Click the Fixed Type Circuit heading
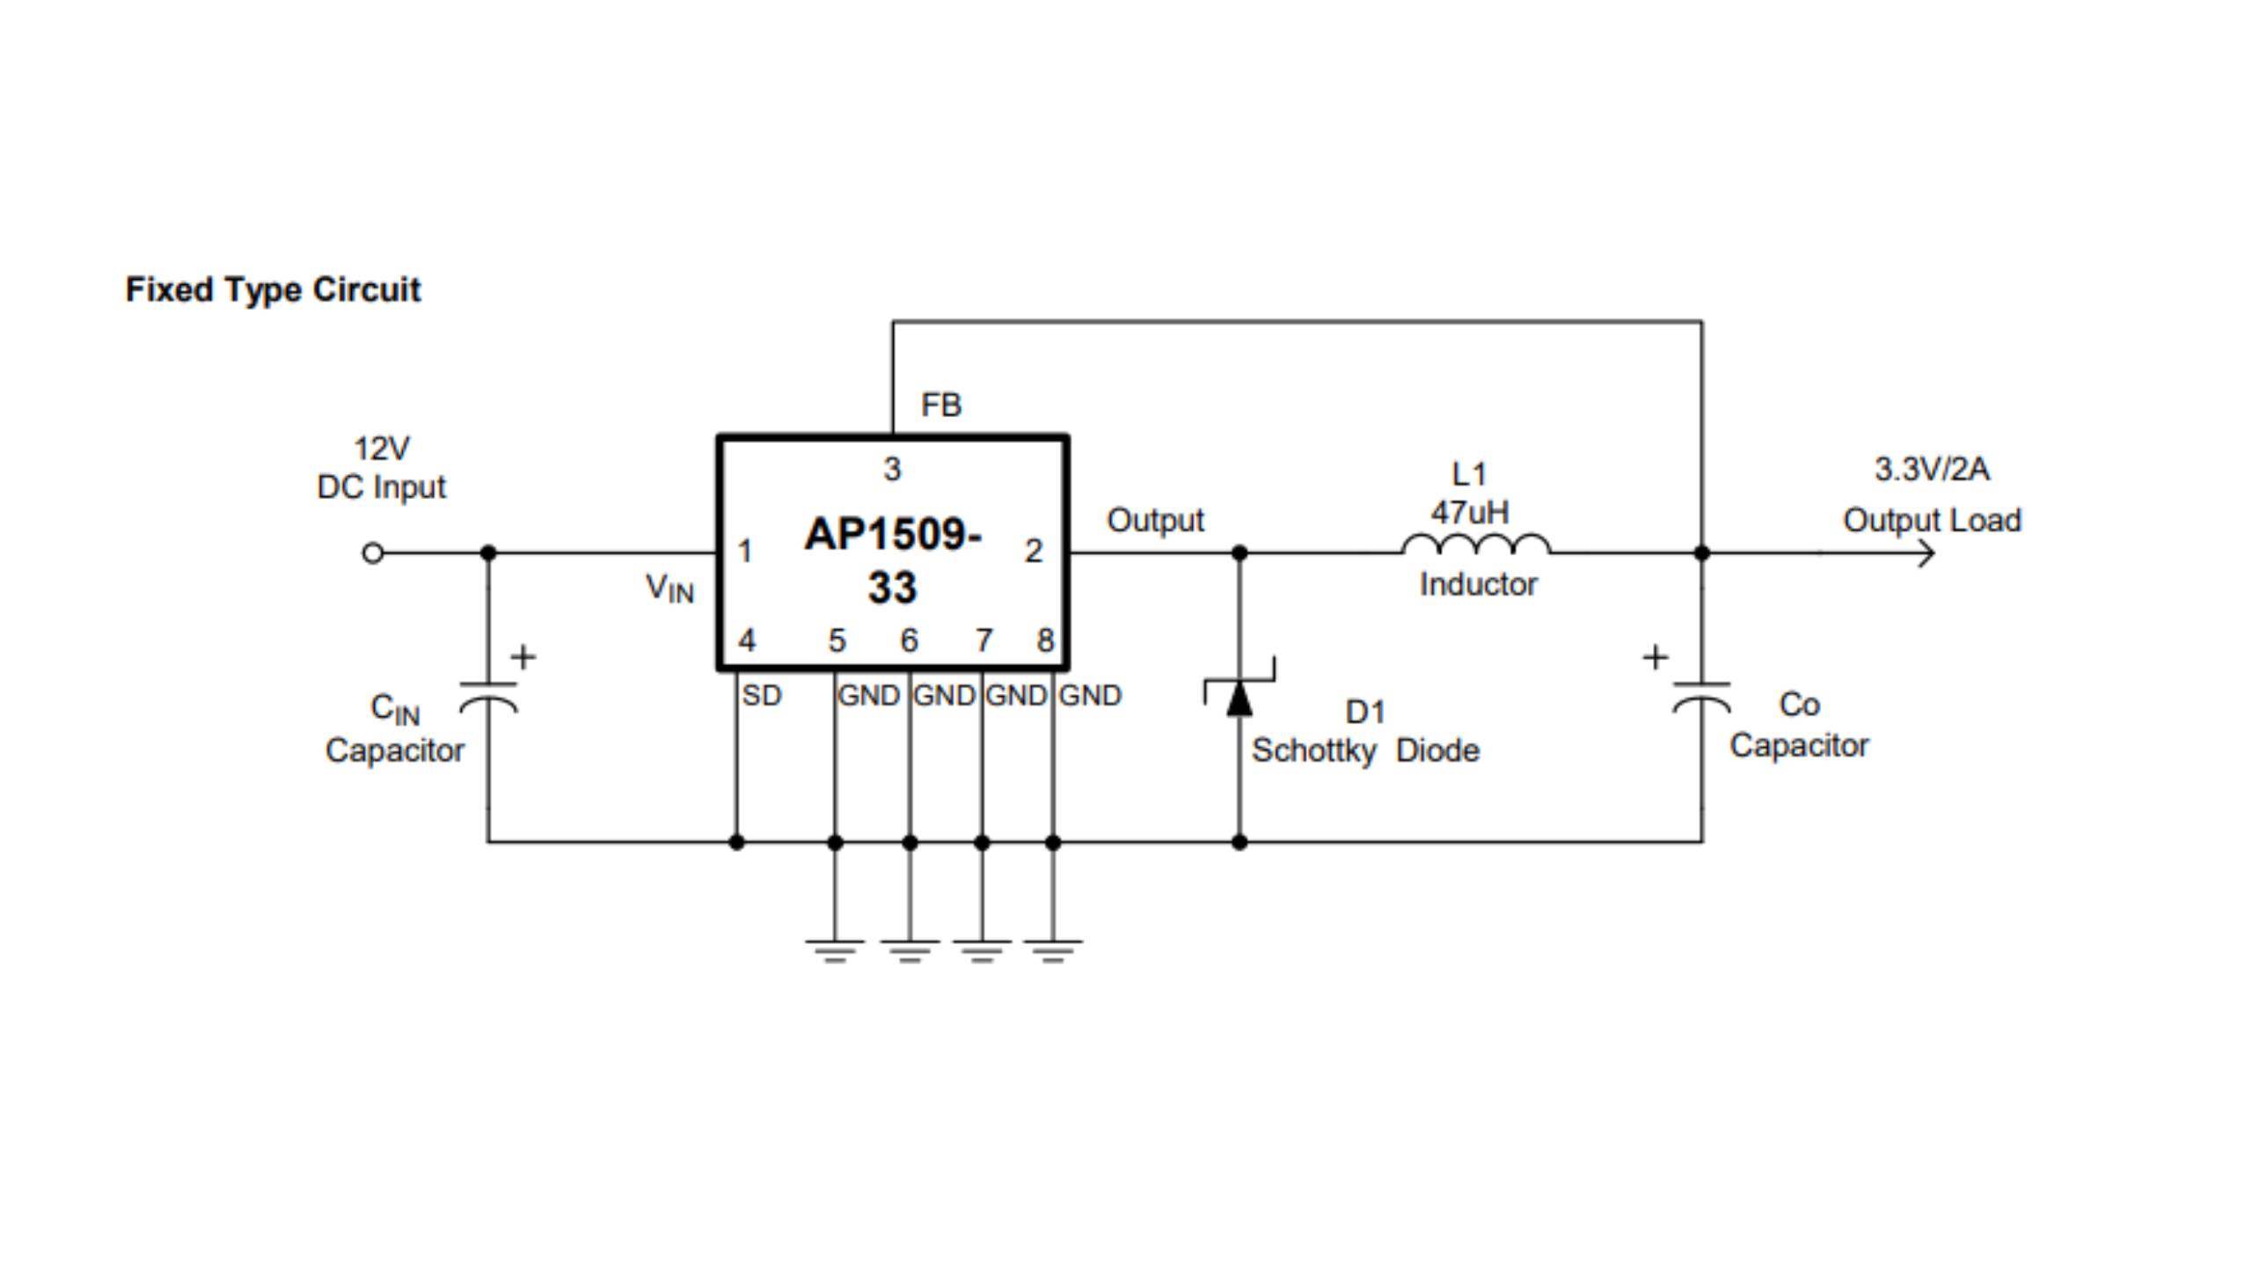273,289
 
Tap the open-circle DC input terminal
372,553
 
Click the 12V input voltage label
381,449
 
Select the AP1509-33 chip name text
892,560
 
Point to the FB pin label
940,405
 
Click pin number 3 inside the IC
892,469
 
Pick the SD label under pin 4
761,695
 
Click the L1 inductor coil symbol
1475,545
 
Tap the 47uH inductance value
1469,512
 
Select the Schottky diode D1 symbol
1239,695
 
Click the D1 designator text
1365,712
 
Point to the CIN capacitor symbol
488,696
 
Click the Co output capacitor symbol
1701,696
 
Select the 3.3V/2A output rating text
1931,469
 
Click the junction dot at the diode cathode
1239,553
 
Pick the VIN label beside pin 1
669,588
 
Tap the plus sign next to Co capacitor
1655,657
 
